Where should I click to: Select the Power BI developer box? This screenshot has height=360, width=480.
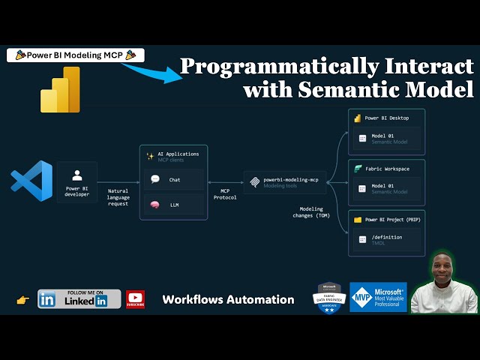pos(76,182)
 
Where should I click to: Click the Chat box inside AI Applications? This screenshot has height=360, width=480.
pos(173,179)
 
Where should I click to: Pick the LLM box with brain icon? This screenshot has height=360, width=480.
pos(173,205)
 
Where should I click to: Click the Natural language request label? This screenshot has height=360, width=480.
pos(118,197)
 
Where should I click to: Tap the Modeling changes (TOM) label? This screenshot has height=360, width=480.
pos(310,212)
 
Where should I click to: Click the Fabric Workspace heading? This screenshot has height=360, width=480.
pos(386,169)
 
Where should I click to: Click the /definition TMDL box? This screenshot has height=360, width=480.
pos(387,241)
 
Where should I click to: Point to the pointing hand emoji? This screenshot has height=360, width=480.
pos(22,300)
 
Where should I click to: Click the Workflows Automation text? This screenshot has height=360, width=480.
pos(228,299)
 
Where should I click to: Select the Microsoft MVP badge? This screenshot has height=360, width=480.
pos(378,297)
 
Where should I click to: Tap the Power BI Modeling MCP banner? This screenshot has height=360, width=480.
pos(75,55)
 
